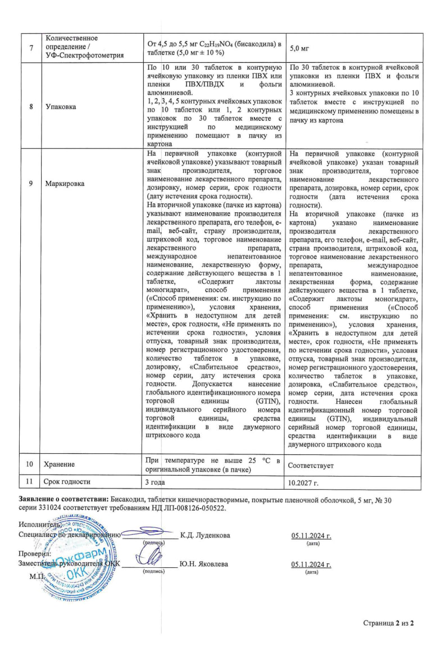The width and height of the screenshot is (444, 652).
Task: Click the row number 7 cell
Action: [31, 45]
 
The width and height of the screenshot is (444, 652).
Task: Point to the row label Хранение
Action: [61, 465]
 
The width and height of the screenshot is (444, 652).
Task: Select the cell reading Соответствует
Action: [311, 465]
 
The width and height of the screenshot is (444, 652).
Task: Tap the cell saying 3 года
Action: [156, 482]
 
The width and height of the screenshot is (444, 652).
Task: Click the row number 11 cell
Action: [31, 482]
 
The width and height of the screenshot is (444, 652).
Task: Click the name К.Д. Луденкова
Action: [205, 535]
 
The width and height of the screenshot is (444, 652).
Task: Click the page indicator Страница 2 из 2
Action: [388, 623]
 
